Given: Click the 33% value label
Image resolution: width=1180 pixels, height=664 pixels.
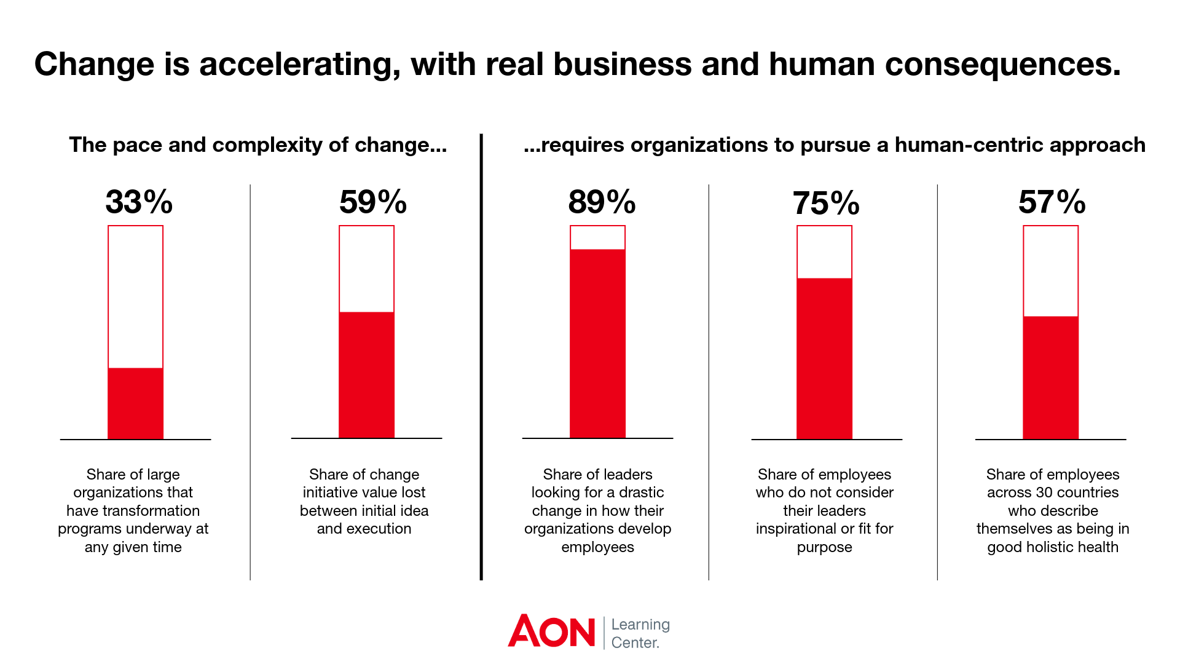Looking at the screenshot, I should (139, 202).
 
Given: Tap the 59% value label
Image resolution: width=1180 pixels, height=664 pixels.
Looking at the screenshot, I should (372, 202).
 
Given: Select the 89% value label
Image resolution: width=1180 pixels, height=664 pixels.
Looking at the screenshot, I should (602, 202).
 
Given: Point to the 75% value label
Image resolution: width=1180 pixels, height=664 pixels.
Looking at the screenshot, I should (825, 203).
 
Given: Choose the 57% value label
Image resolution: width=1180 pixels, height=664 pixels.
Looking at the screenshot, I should (1052, 202).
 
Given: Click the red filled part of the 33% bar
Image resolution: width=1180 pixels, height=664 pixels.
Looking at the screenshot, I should (135, 403).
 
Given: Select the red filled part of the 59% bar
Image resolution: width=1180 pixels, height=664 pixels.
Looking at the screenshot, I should (366, 375).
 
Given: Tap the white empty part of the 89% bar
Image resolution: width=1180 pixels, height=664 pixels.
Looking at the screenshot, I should (597, 238).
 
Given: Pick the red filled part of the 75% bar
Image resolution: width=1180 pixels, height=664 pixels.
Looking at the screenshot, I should (824, 358).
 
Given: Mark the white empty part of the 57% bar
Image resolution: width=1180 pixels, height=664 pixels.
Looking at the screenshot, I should (1050, 271).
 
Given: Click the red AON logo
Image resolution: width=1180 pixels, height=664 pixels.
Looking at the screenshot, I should (551, 631).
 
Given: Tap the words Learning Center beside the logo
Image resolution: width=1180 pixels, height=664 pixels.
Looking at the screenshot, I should (640, 633).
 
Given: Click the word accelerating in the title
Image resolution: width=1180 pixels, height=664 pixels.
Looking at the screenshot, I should (299, 65).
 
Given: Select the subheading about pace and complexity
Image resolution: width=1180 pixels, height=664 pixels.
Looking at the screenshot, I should (258, 145).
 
